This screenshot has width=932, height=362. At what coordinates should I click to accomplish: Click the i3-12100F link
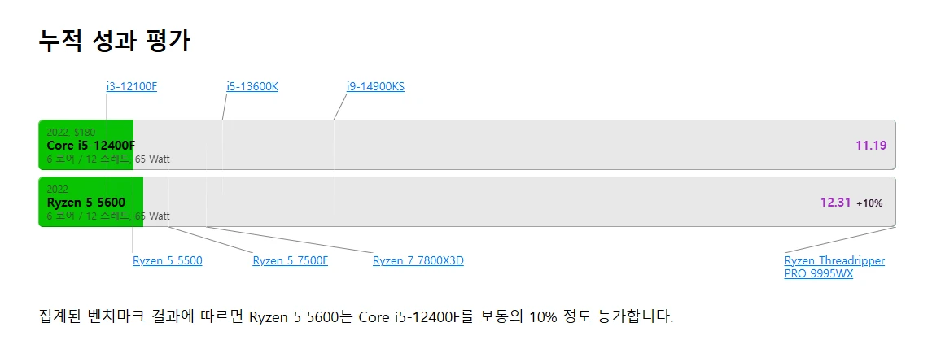pyautogui.click(x=131, y=87)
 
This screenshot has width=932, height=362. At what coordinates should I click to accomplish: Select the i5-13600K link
pyautogui.click(x=252, y=87)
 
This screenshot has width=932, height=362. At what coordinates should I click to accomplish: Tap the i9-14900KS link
pyautogui.click(x=376, y=87)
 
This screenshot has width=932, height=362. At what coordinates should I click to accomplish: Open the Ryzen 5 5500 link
pyautogui.click(x=168, y=261)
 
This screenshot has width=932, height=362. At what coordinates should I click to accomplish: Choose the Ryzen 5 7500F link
pyautogui.click(x=291, y=261)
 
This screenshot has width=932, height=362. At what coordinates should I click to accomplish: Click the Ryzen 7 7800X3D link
pyautogui.click(x=418, y=261)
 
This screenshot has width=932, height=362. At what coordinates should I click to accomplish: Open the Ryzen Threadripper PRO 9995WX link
pyautogui.click(x=834, y=268)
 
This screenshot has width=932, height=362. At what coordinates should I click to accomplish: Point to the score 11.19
pyautogui.click(x=872, y=145)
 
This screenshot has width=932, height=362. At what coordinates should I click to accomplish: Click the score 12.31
pyautogui.click(x=836, y=203)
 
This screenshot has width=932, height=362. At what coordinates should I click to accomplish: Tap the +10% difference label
pyautogui.click(x=869, y=203)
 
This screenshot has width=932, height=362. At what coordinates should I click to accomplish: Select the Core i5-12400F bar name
pyautogui.click(x=91, y=145)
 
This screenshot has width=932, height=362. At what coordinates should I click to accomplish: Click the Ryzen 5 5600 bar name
pyautogui.click(x=86, y=203)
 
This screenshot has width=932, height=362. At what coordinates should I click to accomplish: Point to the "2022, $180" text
pyautogui.click(x=71, y=132)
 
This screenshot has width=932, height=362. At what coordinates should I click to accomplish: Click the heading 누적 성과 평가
pyautogui.click(x=114, y=41)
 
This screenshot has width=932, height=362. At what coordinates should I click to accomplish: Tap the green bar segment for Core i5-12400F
pyautogui.click(x=86, y=145)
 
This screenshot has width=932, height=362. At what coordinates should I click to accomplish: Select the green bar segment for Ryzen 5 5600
pyautogui.click(x=91, y=202)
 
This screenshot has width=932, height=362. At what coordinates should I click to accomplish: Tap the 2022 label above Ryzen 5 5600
pyautogui.click(x=58, y=190)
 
